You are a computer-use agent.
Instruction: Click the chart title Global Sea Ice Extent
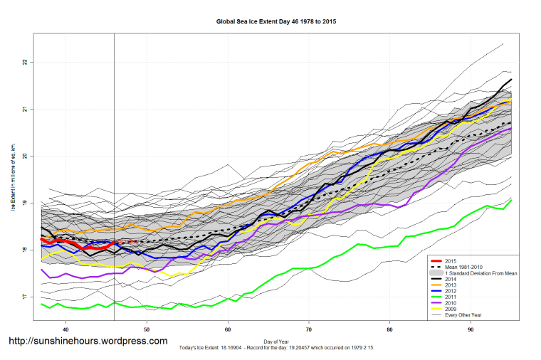pos(275,21)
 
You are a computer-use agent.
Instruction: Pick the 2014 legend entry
pos(451,280)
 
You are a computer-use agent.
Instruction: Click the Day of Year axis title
pos(275,342)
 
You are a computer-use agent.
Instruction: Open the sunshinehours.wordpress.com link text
pos(88,342)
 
